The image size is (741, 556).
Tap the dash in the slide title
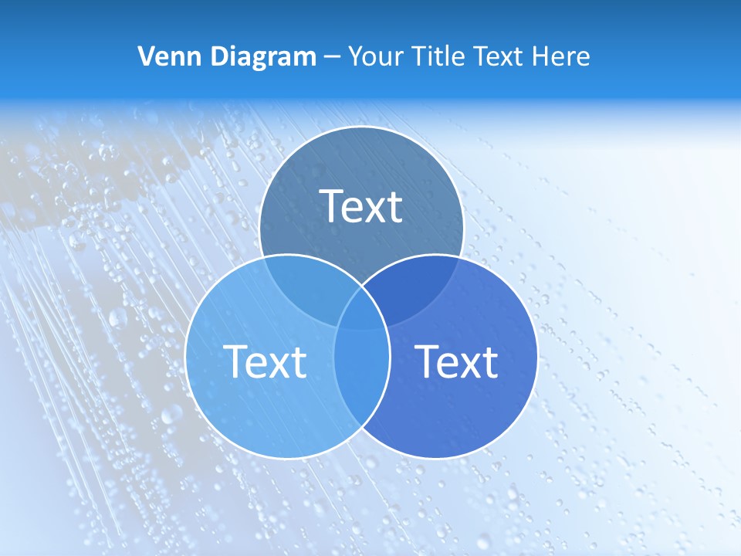pyautogui.click(x=332, y=57)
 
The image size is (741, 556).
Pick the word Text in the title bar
pyautogui.click(x=503, y=56)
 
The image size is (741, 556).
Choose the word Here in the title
pyautogui.click(x=565, y=56)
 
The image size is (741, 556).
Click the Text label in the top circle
pyautogui.click(x=361, y=206)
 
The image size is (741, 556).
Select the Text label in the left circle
pyautogui.click(x=265, y=361)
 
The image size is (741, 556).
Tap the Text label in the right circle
pyautogui.click(x=456, y=361)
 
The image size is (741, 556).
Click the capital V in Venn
pyautogui.click(x=146, y=56)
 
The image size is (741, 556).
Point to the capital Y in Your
pyautogui.click(x=355, y=56)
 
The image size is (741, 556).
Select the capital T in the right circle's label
pyautogui.click(x=427, y=361)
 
